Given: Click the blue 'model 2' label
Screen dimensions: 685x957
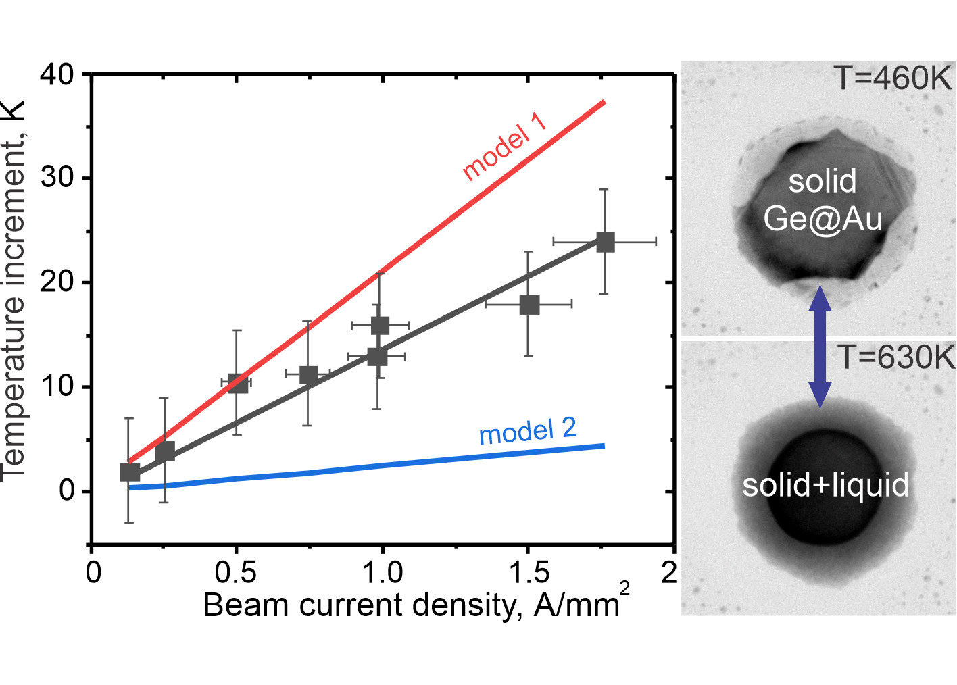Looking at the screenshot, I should (528, 431).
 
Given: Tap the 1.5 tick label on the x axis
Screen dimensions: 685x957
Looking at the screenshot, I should (529, 573).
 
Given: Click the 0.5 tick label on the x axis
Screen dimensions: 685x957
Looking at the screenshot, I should (236, 573).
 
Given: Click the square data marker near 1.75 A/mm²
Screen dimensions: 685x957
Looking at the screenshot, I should (605, 242).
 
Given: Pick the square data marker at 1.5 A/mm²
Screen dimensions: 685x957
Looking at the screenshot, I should (529, 305).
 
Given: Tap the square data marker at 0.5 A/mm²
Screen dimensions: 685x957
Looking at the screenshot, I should (237, 383).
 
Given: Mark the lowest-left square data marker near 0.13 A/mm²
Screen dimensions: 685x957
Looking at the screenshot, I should (129, 472).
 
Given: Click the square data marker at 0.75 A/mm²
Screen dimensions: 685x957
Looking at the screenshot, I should (308, 375).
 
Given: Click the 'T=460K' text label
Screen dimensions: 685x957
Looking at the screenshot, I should (892, 79).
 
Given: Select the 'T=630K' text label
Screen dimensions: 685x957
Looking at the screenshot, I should (896, 357).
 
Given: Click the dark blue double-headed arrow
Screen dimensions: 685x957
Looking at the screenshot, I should (820, 347).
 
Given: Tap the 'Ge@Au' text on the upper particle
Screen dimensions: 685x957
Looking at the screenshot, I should (823, 219).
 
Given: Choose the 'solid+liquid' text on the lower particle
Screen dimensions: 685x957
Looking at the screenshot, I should (825, 484).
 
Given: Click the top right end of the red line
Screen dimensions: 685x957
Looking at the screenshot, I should (604, 102).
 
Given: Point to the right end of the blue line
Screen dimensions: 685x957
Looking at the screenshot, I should (603, 446).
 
